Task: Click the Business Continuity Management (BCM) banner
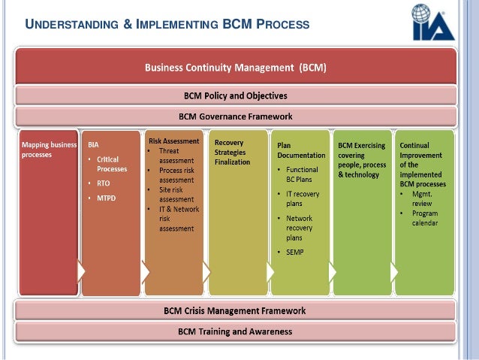click(236, 68)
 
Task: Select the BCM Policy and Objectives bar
click(236, 96)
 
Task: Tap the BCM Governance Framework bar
click(236, 116)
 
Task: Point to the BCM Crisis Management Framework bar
click(236, 310)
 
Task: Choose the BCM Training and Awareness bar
click(236, 331)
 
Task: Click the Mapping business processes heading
click(47, 149)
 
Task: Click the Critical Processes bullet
click(111, 164)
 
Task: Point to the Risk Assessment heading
click(173, 141)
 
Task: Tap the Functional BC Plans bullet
click(302, 174)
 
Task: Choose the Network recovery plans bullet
click(300, 227)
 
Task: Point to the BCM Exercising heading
click(361, 146)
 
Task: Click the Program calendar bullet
click(425, 218)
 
